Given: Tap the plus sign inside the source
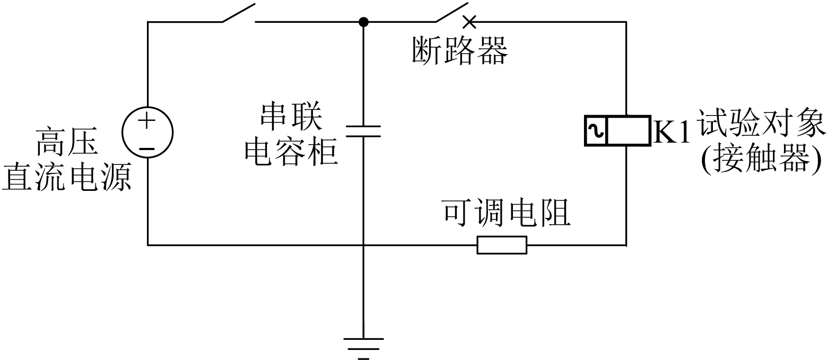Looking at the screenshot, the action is click(x=147, y=120).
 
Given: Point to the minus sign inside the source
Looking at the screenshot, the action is click(x=147, y=150).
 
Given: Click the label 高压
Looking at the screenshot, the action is click(x=67, y=142).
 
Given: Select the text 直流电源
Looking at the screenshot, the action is click(x=67, y=178).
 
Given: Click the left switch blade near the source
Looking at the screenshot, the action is click(x=238, y=13).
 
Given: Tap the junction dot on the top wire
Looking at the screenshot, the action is click(x=364, y=22).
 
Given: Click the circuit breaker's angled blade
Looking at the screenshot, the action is click(x=452, y=12).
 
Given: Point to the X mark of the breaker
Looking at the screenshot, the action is click(x=469, y=22).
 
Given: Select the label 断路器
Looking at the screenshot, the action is click(x=460, y=51).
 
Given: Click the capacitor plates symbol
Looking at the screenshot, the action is click(x=363, y=131).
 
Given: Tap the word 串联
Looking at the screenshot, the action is click(x=291, y=117).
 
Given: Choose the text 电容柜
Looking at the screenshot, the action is click(x=291, y=152).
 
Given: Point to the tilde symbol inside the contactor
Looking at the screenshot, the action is click(x=596, y=131).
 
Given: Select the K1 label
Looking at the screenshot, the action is click(x=672, y=132).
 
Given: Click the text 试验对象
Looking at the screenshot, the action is click(x=762, y=124).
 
